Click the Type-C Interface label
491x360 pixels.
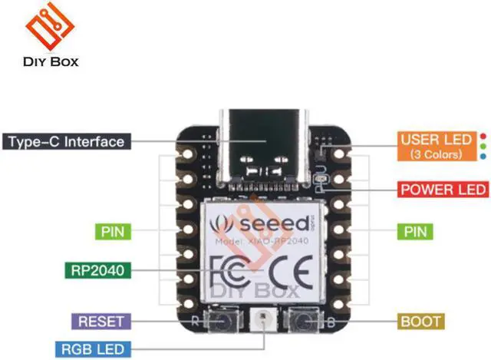coord(67,142)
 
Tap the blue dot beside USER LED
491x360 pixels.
coord(481,154)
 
